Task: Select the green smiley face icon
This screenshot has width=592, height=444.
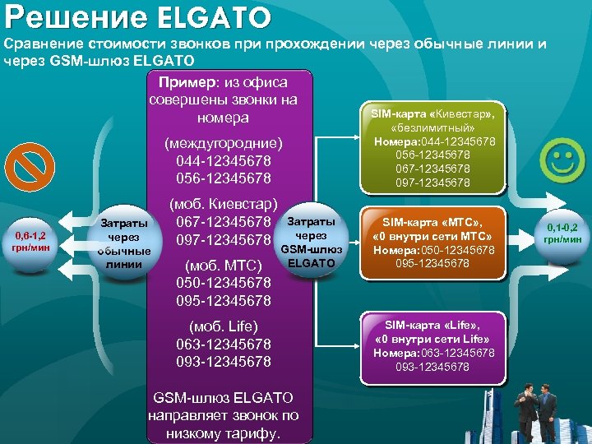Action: (x=562, y=161)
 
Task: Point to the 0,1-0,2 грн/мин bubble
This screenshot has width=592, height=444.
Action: (x=562, y=233)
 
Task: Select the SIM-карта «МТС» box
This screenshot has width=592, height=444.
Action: (x=433, y=243)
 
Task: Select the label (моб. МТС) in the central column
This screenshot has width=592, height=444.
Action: (x=224, y=266)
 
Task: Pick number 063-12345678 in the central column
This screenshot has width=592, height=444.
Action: (x=224, y=344)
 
